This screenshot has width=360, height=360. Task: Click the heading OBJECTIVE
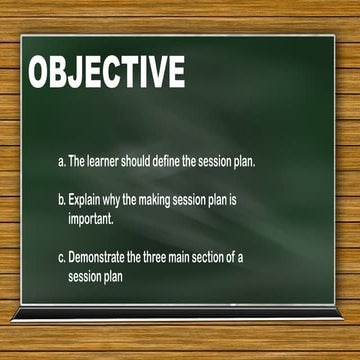pos(106,73)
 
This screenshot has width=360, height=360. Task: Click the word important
pos(91,216)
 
